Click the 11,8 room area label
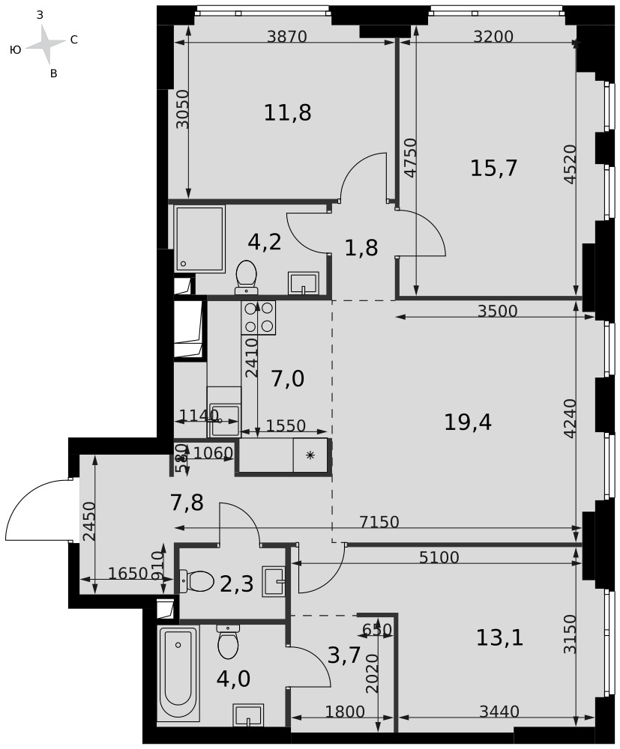(x=288, y=113)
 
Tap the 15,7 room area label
(x=494, y=168)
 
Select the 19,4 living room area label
(x=468, y=422)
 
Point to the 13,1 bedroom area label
(x=499, y=637)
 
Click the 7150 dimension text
(x=379, y=522)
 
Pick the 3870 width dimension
(x=286, y=36)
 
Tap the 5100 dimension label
(x=439, y=557)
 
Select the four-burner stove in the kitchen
(x=259, y=317)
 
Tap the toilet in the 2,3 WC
(x=196, y=581)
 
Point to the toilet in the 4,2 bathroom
(x=246, y=277)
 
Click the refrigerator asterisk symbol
(x=310, y=455)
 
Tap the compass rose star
(x=46, y=44)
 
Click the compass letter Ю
(x=15, y=49)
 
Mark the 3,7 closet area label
(x=343, y=656)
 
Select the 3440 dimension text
(x=499, y=712)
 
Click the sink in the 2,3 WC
(x=274, y=581)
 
